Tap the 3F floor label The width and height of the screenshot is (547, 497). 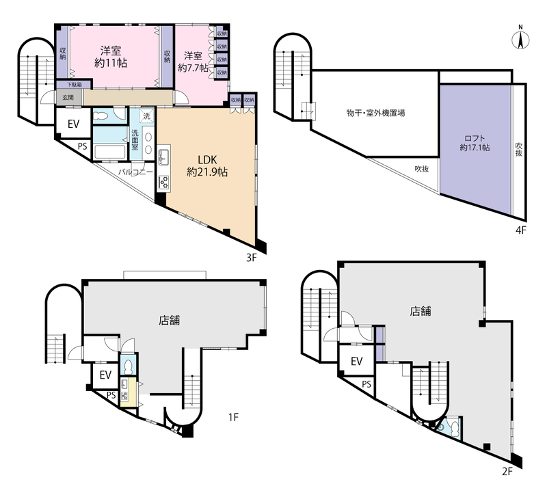click(x=252, y=258)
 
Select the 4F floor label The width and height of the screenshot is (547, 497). click(x=520, y=230)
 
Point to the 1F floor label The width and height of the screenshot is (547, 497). click(x=233, y=417)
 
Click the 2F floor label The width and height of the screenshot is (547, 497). click(x=507, y=472)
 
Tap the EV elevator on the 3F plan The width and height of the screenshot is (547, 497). click(x=73, y=124)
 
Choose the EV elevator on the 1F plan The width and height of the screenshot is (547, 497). click(x=105, y=375)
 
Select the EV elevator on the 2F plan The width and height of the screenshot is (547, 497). click(x=356, y=361)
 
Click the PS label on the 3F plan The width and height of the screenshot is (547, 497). click(x=82, y=146)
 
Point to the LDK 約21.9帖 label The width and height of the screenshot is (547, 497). click(x=207, y=165)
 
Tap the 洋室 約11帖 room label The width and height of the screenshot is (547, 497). click(x=111, y=57)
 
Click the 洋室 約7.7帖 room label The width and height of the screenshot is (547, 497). click(x=193, y=62)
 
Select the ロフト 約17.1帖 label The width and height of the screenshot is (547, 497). click(x=475, y=143)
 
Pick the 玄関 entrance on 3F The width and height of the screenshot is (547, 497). click(x=68, y=97)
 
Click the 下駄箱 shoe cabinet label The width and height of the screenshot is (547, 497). click(x=74, y=84)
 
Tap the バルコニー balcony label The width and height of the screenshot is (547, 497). click(x=135, y=172)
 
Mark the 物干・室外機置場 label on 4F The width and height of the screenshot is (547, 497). click(x=375, y=113)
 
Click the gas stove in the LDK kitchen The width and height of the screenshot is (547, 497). click(x=163, y=182)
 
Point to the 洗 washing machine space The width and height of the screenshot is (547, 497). click(x=147, y=116)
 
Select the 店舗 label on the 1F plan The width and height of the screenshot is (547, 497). click(x=170, y=320)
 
